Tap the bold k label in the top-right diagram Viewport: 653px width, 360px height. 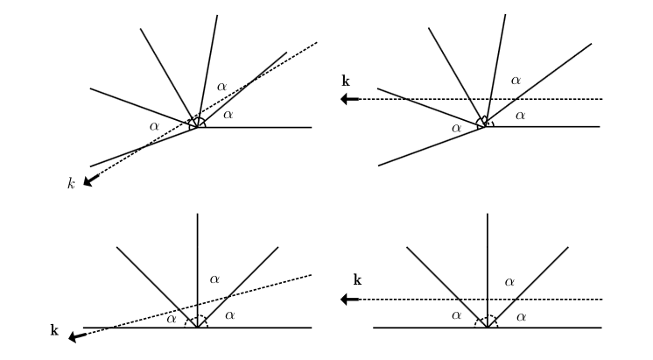tap(346, 81)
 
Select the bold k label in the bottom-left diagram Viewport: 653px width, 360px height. tap(54, 330)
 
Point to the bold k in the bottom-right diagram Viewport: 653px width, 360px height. tap(357, 281)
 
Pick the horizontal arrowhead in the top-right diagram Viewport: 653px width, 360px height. tap(349, 99)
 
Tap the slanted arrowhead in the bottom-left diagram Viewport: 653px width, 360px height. tap(76, 335)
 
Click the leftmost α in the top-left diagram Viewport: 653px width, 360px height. tap(154, 126)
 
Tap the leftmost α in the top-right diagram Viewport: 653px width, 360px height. tap(456, 129)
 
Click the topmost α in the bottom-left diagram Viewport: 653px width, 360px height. tap(215, 279)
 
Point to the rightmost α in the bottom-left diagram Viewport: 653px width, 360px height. tap(230, 314)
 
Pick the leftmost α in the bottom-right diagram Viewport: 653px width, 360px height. tap(457, 315)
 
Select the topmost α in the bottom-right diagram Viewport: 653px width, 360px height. tap(509, 281)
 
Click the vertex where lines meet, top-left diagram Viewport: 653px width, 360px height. tap(198, 127)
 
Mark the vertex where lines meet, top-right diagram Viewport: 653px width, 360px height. tap(484, 127)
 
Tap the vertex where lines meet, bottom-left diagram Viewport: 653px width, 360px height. tap(198, 328)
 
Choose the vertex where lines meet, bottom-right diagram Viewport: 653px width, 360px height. tap(486, 328)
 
